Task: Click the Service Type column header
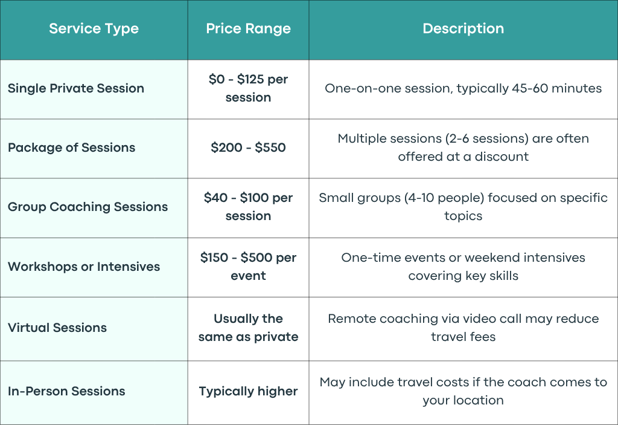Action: pos(94,29)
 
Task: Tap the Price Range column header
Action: pos(248,29)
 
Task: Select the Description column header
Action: pos(463,29)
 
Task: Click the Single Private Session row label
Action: pos(76,88)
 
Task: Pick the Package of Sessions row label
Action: pos(71,148)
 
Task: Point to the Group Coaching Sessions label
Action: pos(88,207)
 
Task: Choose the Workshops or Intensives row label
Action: pos(84,267)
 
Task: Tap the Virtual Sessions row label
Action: pos(57,328)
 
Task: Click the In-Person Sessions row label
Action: pos(66,391)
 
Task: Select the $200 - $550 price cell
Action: pos(248,148)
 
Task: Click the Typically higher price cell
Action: pos(248,391)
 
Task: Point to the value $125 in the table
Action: pos(250,79)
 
